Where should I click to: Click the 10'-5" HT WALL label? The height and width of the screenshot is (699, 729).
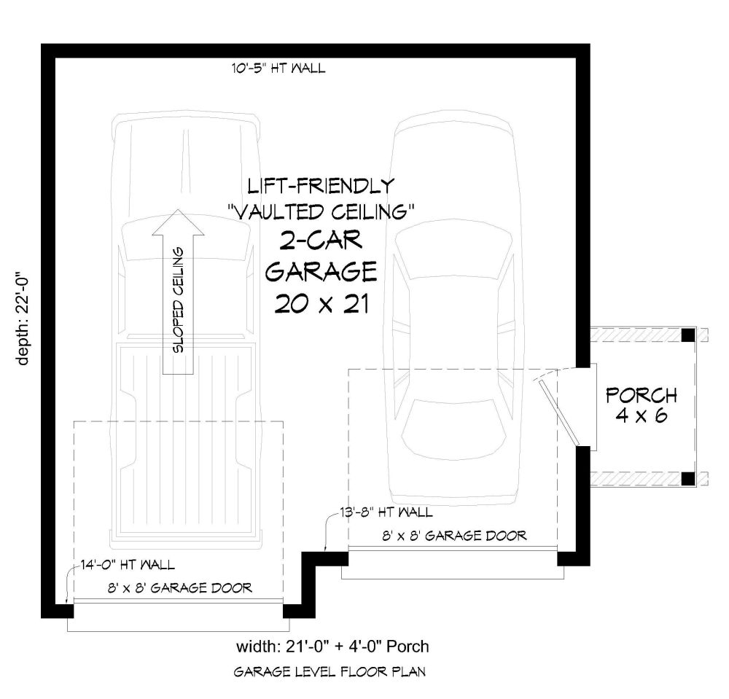278,69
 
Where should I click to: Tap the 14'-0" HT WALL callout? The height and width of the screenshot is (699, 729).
128,565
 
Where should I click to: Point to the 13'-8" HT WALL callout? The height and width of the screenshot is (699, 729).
386,512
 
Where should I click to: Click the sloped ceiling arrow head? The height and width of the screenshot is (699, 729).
178,222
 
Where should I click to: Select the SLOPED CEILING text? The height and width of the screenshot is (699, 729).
179,300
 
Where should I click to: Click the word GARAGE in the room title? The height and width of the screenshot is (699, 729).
321,271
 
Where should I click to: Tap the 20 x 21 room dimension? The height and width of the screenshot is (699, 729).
321,305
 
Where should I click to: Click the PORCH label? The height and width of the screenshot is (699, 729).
641,396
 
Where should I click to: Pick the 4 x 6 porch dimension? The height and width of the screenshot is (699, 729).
642,415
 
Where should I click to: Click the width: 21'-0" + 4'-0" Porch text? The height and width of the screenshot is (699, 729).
332,646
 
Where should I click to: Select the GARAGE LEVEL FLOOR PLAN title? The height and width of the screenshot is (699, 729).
330,671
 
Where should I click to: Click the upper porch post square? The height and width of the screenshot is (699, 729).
688,335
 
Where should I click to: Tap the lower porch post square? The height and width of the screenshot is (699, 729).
688,479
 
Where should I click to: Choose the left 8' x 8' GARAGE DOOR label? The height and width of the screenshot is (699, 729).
180,588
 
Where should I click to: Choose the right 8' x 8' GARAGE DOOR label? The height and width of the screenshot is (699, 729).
454,536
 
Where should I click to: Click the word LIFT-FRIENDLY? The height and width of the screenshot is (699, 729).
321,186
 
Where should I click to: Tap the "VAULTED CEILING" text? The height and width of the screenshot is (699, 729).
321,212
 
